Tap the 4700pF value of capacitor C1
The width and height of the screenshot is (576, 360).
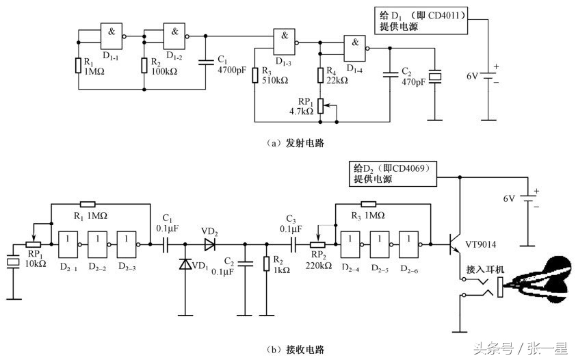232,70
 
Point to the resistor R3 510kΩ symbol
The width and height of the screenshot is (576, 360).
254,75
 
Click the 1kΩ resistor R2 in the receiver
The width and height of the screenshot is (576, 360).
266,263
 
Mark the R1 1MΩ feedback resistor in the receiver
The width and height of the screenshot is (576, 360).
88,203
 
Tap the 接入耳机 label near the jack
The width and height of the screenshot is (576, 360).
484,270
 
